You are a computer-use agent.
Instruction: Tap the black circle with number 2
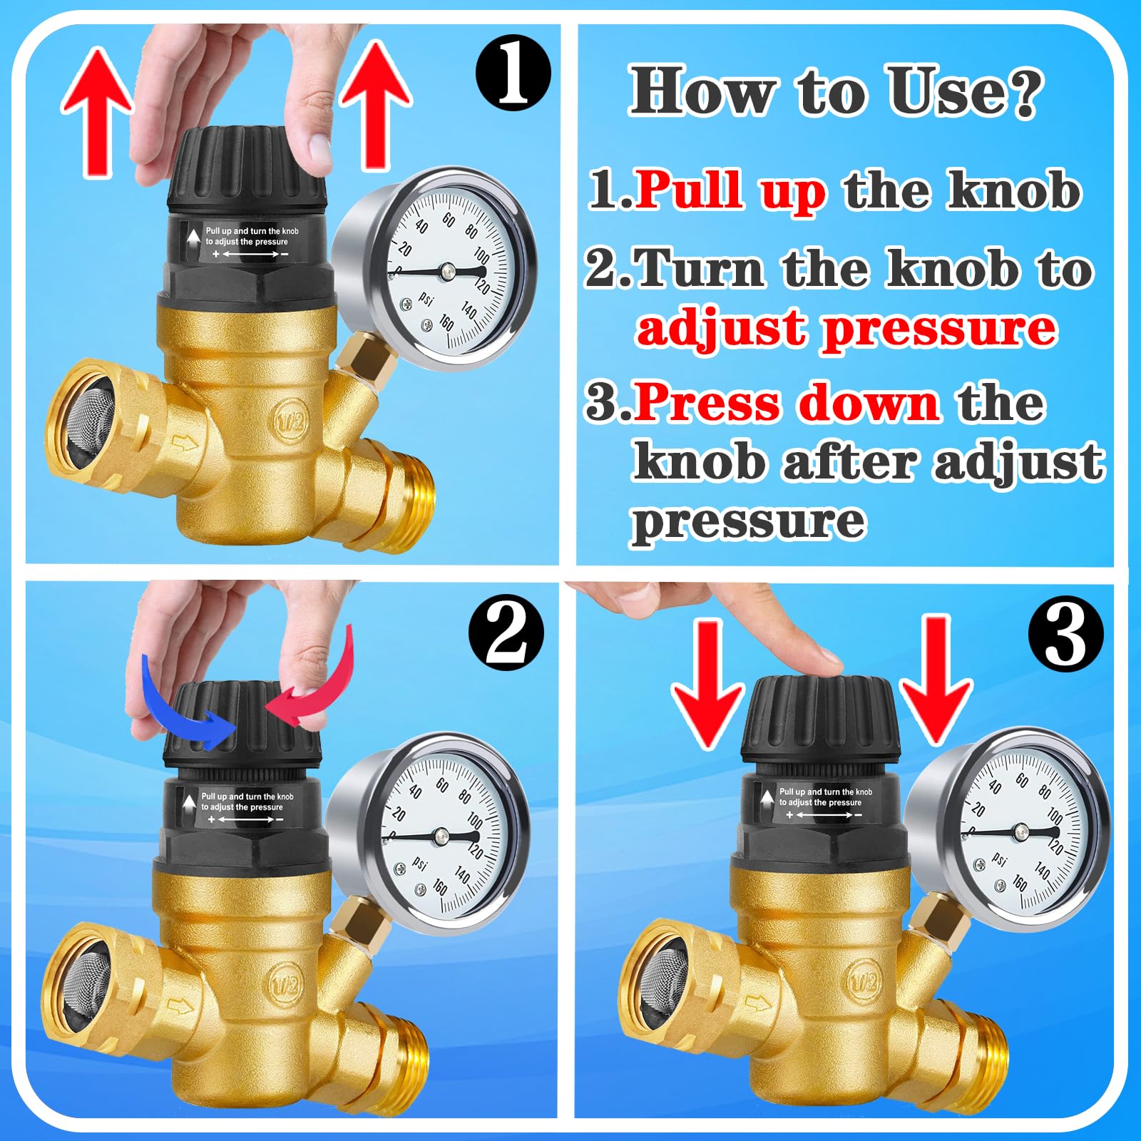point(506,633)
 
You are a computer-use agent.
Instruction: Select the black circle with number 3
point(1065,633)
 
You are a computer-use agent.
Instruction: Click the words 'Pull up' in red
point(730,190)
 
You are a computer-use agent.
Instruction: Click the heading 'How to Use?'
point(834,91)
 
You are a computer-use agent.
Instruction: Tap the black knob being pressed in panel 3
point(820,720)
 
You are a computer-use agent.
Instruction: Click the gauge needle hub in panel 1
point(447,270)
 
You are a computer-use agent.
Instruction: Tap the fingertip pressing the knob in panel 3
point(827,660)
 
